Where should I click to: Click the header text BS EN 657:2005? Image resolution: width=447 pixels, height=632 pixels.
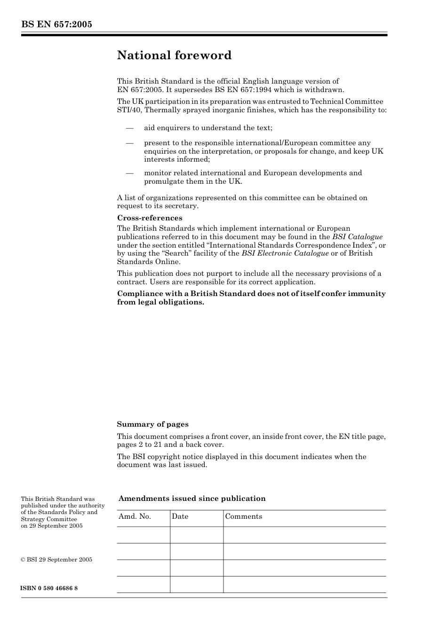coord(56,24)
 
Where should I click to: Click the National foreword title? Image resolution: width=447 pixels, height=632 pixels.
coord(174,55)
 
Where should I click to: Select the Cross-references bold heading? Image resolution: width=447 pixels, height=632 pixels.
coord(149,218)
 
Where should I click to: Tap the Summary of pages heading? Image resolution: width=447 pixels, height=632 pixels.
coord(152,424)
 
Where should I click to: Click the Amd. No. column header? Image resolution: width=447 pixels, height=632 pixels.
coord(135,516)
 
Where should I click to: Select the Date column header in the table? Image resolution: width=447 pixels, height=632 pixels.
coord(180,516)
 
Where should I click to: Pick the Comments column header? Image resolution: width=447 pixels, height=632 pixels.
coord(243,516)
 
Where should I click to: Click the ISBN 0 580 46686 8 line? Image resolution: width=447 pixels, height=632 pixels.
coord(49,588)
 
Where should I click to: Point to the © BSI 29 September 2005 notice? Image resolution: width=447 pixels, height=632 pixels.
coord(56,560)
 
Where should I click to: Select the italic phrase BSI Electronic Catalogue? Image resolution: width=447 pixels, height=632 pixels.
coord(285,253)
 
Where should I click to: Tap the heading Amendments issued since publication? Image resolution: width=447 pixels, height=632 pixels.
coord(192,499)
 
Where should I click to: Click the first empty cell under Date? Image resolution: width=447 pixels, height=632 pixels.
coord(196,535)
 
